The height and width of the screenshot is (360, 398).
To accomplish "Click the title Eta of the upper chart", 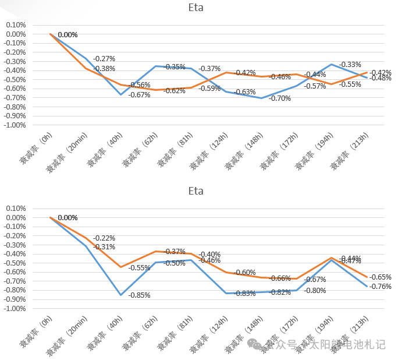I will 196,8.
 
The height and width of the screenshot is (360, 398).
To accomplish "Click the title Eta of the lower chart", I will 196,192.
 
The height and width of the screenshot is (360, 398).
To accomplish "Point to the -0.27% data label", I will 104,59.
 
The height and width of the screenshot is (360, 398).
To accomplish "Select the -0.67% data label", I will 139,95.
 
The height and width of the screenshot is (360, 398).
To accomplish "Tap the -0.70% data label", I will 280,98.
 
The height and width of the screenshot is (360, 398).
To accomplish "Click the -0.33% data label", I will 350,64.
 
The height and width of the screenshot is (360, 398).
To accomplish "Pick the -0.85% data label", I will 139,295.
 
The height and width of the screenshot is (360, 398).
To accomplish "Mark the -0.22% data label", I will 104,238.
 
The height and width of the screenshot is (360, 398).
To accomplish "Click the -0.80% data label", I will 315,291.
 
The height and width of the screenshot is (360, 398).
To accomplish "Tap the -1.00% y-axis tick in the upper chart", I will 15,125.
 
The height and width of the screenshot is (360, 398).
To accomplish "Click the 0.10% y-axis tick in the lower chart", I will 16,209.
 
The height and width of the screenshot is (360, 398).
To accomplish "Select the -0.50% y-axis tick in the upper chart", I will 15,80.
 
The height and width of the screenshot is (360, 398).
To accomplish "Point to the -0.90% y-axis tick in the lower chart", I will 15,299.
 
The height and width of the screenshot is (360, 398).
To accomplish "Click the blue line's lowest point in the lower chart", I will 122,295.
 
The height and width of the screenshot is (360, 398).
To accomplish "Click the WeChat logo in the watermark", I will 255,345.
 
